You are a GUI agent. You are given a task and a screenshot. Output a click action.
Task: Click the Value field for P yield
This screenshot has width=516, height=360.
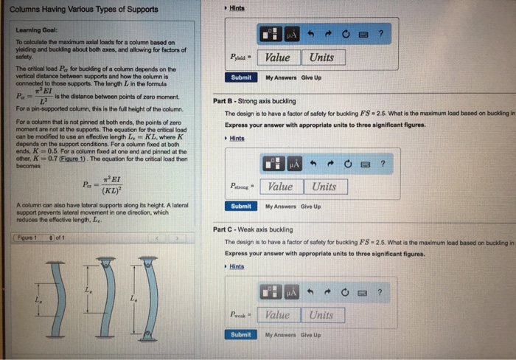(278, 58)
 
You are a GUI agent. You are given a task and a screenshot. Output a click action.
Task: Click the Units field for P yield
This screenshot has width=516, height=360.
(321, 58)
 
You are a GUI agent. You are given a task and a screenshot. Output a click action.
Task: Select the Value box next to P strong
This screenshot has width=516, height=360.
(281, 187)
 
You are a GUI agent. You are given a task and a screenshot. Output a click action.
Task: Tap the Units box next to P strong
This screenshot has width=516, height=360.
(324, 187)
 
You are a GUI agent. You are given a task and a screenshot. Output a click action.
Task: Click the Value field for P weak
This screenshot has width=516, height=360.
(277, 315)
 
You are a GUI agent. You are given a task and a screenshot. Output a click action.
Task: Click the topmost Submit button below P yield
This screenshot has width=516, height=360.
(241, 77)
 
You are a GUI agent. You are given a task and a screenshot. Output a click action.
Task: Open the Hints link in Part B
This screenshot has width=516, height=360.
(236, 138)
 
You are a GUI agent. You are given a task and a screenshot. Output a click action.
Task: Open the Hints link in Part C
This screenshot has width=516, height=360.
(236, 266)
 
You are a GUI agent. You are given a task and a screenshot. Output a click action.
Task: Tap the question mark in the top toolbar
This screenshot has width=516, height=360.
(381, 33)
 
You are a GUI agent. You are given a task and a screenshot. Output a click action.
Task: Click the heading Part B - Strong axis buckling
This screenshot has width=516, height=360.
(254, 101)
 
